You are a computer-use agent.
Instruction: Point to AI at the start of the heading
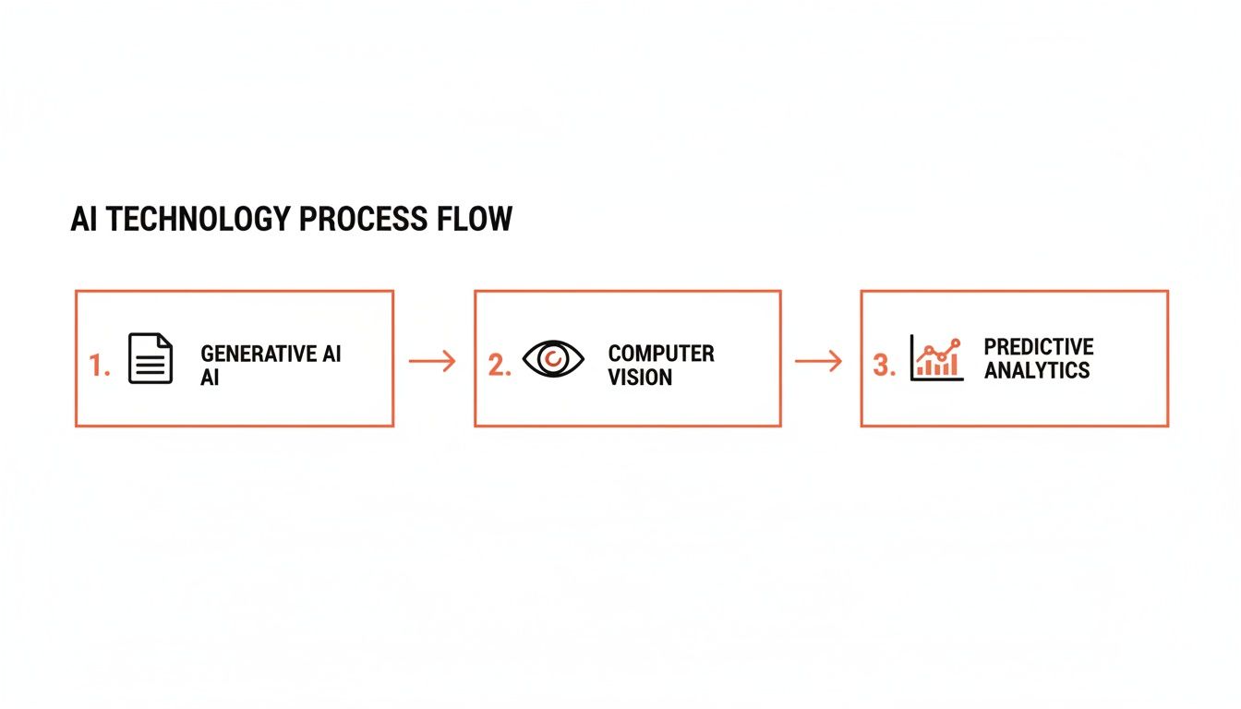pyautogui.click(x=85, y=220)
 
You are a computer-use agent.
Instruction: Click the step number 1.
pyautogui.click(x=99, y=367)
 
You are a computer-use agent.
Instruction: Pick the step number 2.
pyautogui.click(x=499, y=366)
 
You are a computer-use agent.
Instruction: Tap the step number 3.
pyautogui.click(x=884, y=366)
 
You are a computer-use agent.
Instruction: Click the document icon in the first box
pyautogui.click(x=151, y=358)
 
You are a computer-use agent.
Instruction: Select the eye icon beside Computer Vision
pyautogui.click(x=554, y=358)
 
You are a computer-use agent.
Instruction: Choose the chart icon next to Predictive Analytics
pyautogui.click(x=936, y=357)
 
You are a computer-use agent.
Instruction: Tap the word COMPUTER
pyautogui.click(x=661, y=354)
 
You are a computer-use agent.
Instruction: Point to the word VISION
pyautogui.click(x=640, y=377)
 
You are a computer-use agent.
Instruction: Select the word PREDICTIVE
pyautogui.click(x=1039, y=347)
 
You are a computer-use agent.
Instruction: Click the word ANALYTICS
pyautogui.click(x=1036, y=370)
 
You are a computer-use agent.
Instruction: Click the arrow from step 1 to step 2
pyautogui.click(x=432, y=361)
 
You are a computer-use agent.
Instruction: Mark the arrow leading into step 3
pyautogui.click(x=818, y=361)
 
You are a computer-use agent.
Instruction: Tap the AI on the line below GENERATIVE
pyautogui.click(x=210, y=378)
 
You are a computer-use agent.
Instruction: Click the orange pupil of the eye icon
pyautogui.click(x=554, y=358)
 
